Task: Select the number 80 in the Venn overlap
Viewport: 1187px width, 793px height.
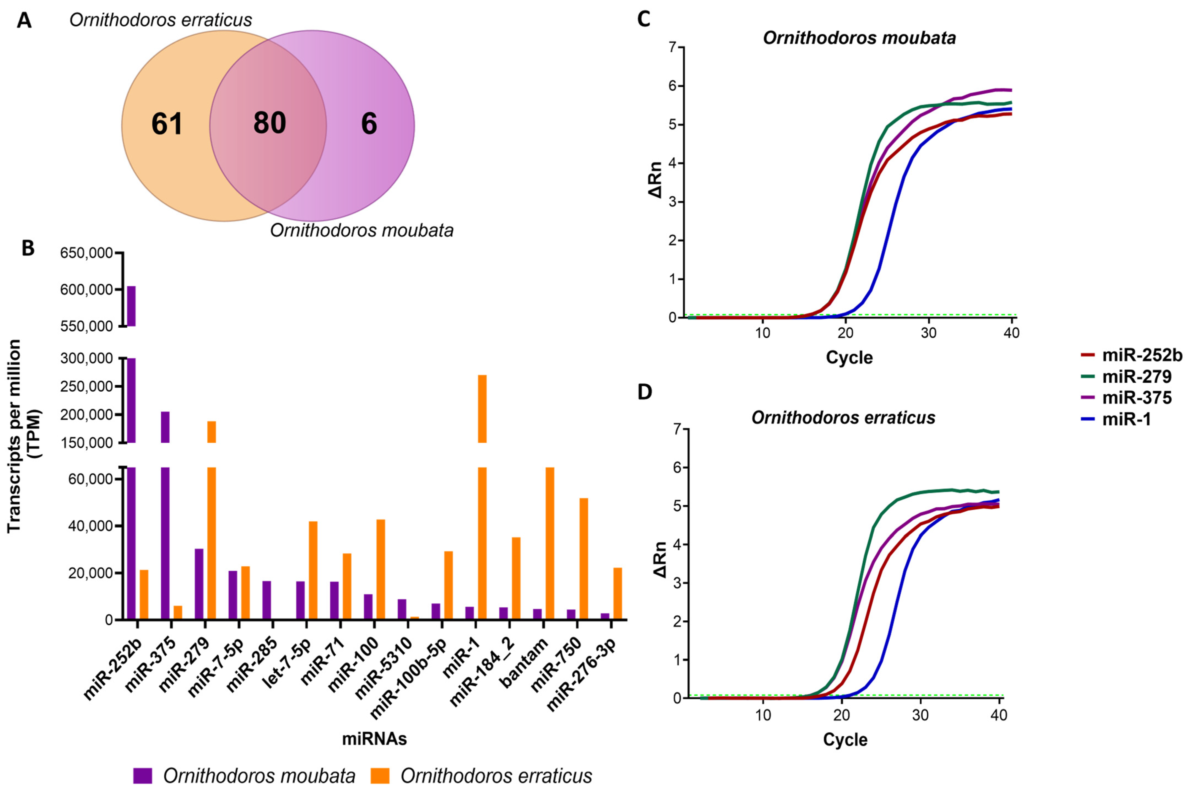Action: pyautogui.click(x=270, y=123)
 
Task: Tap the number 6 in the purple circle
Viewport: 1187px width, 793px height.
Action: pyautogui.click(x=369, y=124)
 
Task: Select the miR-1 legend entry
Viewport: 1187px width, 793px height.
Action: pyautogui.click(x=1126, y=419)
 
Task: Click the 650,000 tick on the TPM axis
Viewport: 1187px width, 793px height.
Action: pyautogui.click(x=86, y=253)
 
